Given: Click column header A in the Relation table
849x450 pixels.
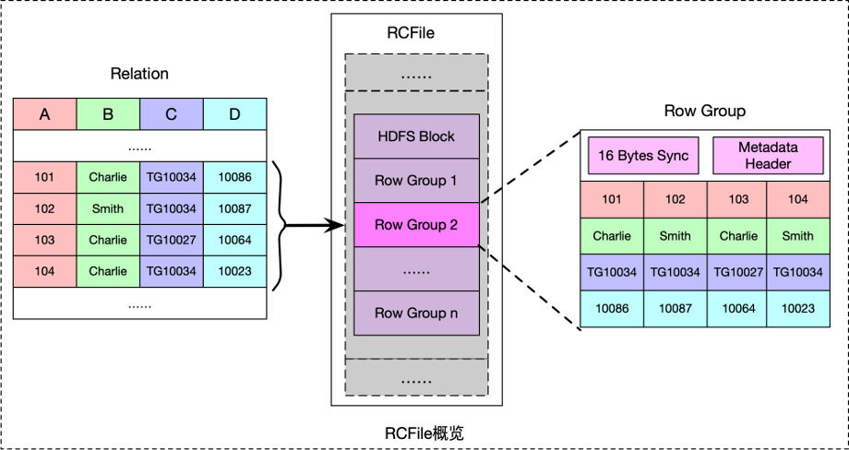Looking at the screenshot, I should point(44,114).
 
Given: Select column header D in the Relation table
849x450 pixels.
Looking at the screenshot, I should point(234,114).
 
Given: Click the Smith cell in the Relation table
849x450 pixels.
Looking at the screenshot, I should point(108,208).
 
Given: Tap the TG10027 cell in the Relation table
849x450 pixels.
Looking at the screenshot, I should point(172,240).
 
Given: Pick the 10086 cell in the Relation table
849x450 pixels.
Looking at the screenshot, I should point(234,176).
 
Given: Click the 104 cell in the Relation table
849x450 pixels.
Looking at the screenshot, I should point(44,271).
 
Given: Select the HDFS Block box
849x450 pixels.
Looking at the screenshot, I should point(416,136).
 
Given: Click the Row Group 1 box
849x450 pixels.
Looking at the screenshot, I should point(416,180).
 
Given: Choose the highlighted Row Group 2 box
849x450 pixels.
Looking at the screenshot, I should point(416,224).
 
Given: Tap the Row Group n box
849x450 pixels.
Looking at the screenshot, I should point(416,313).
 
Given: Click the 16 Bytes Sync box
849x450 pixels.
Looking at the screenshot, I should point(642,155).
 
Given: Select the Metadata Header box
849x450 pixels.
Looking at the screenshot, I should point(768,155).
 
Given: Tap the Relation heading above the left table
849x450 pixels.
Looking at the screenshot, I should point(139,74).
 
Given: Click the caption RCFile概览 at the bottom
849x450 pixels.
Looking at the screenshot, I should point(423,432).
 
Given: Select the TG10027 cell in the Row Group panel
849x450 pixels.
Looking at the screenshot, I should point(738,272).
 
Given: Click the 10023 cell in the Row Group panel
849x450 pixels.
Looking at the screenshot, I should point(798,309).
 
